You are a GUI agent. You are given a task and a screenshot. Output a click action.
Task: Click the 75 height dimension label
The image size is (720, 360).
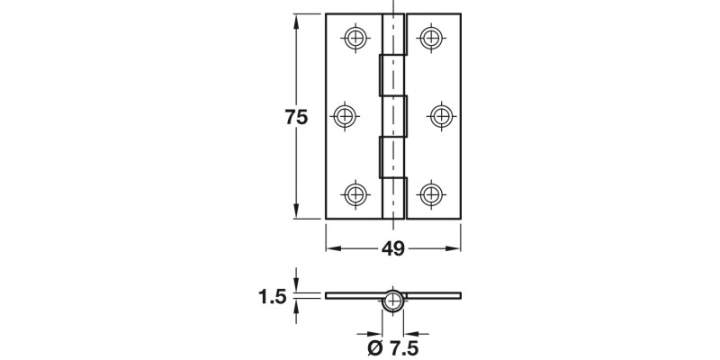(296, 117)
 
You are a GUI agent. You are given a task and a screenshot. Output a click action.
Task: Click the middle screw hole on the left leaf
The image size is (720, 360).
(346, 115)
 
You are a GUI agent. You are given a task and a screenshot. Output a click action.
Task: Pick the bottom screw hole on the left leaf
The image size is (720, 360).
(356, 193)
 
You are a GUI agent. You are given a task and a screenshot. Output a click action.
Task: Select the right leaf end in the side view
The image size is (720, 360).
(460, 295)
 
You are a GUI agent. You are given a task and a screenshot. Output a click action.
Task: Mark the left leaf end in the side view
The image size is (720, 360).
(328, 295)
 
